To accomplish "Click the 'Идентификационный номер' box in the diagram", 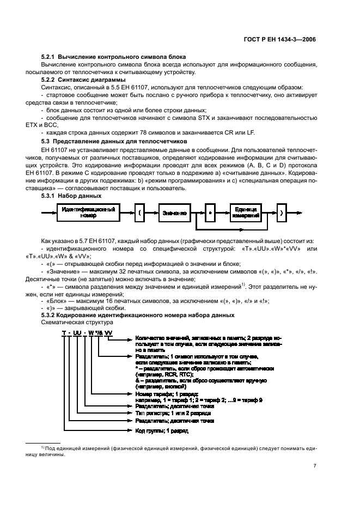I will pos(88,212).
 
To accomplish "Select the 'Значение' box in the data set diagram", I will pos(174,212).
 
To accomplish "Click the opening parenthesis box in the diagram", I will pos(139,212).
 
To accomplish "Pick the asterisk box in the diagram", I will pos(209,212).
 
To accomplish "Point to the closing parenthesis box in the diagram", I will pos(280,212).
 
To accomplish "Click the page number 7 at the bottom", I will pos(315,466).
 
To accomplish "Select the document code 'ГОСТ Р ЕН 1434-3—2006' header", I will pos(280,39).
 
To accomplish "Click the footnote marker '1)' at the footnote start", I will pos(42,447).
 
